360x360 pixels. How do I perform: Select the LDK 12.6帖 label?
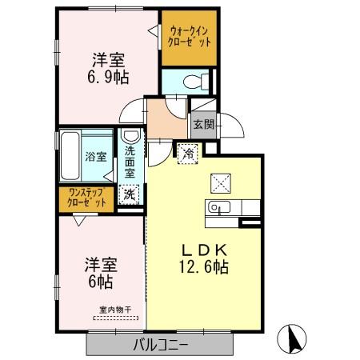(x=206, y=257)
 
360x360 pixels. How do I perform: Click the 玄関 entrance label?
(x=202, y=124)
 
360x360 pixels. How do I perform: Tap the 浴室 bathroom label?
(x=96, y=157)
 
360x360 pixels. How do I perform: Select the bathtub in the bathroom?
(x=70, y=157)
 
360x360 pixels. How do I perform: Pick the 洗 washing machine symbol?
(x=129, y=192)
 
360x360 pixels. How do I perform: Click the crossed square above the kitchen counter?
(x=219, y=182)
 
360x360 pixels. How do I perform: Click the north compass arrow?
(x=293, y=339)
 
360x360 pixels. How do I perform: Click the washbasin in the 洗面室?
(x=129, y=138)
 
